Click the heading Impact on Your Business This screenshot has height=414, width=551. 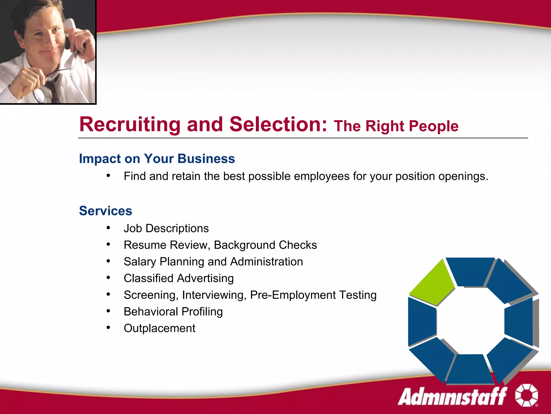157,158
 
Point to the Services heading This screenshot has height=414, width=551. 105,211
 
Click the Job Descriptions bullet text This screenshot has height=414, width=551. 166,228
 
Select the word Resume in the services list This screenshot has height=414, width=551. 145,245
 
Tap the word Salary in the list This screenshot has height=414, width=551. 140,262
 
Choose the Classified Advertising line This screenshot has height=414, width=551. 179,278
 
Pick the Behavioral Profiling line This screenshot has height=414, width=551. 173,312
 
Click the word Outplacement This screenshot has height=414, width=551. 159,328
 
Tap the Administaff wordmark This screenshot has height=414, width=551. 452,396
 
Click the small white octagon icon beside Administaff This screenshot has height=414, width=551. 527,395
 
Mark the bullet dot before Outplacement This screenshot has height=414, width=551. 108,327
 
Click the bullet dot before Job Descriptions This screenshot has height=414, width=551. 108,228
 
